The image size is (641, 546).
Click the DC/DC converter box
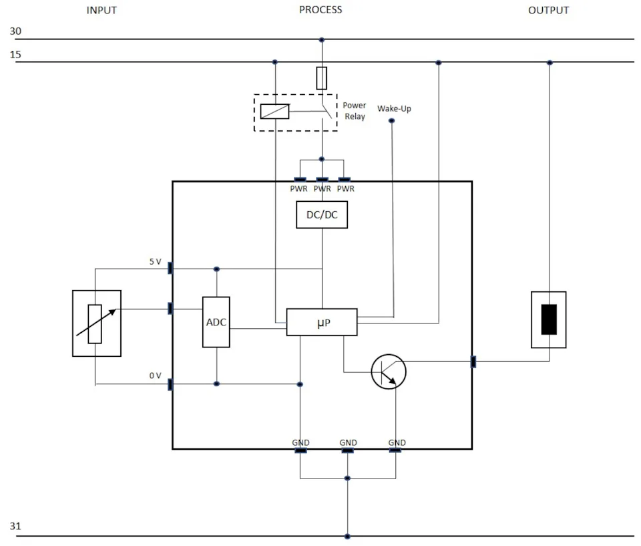[322, 215]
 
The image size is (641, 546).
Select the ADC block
[216, 322]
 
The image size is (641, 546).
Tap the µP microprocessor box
[322, 322]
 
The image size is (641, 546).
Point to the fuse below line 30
[322, 78]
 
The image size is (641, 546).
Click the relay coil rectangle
[274, 112]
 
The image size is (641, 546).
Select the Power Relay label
[355, 111]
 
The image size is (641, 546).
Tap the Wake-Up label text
[394, 108]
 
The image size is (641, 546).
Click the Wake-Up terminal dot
[392, 121]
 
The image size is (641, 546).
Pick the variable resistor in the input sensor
[95, 323]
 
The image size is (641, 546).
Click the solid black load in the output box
[549, 319]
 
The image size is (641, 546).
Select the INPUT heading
[101, 10]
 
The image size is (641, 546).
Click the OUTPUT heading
[549, 10]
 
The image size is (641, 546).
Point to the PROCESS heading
[320, 10]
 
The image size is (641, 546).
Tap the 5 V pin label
[156, 261]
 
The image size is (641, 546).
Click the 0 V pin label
[156, 376]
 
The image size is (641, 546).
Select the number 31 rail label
[15, 526]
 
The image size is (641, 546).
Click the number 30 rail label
[15, 31]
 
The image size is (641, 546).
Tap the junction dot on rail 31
[347, 536]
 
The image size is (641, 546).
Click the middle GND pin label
[349, 442]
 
